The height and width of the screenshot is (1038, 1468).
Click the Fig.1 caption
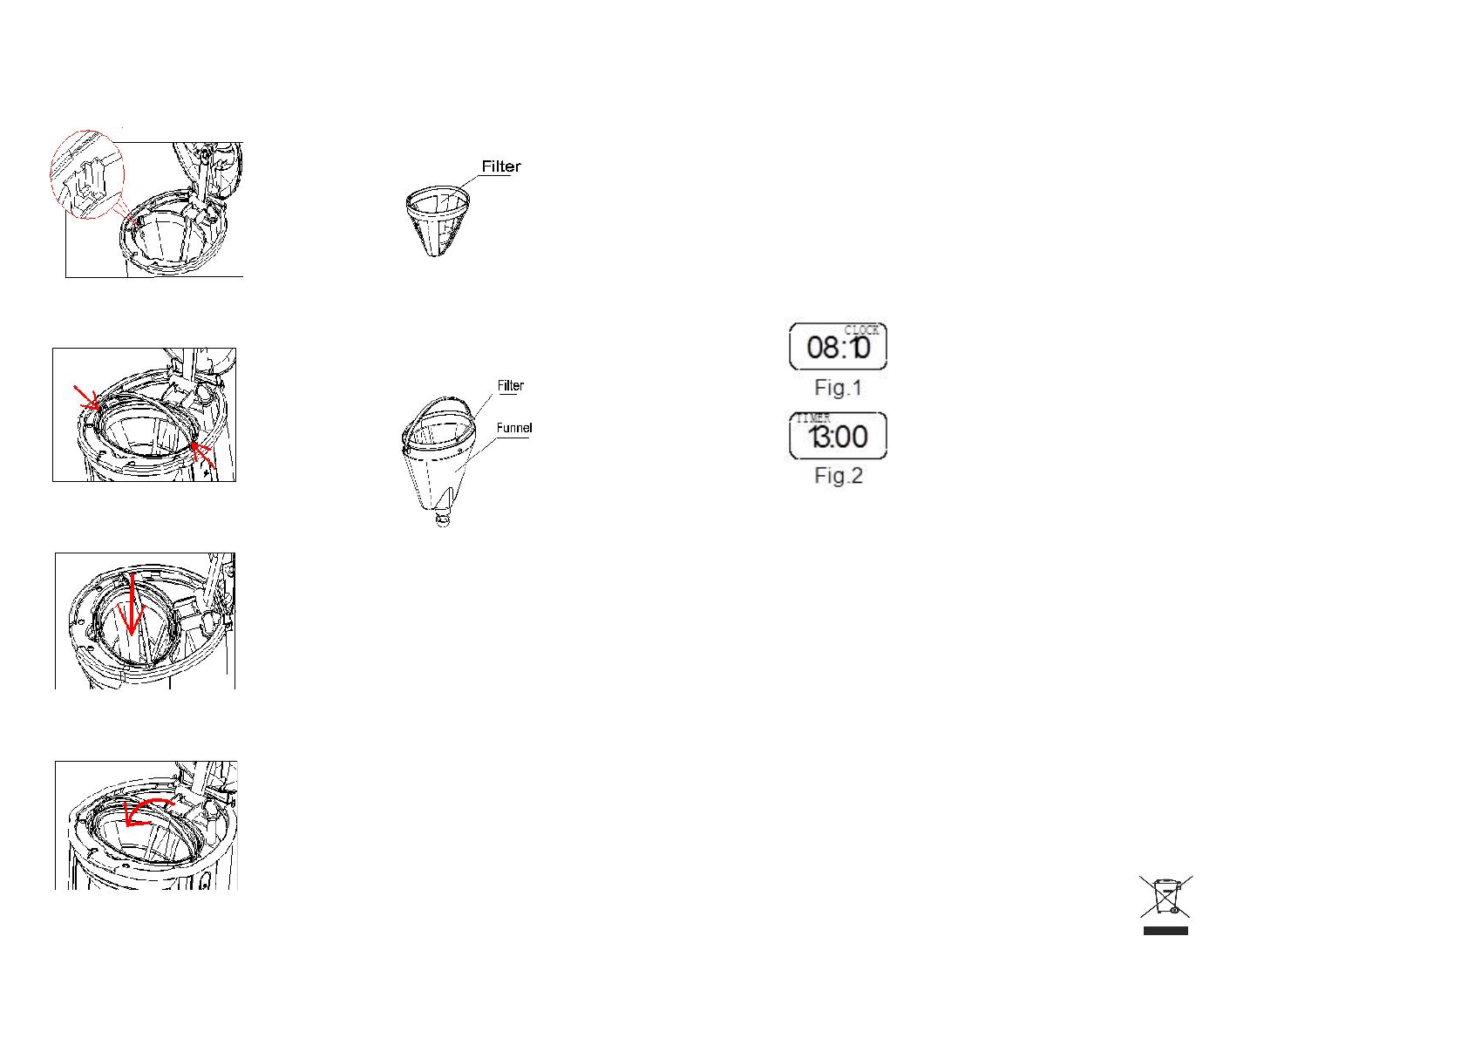tap(838, 388)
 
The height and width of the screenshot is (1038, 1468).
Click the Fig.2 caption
tap(838, 476)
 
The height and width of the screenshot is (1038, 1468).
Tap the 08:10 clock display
tap(838, 348)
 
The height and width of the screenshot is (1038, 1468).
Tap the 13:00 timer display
tap(839, 437)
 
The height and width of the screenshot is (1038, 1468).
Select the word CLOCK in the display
tap(861, 330)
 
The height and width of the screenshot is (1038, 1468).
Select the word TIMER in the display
tap(812, 419)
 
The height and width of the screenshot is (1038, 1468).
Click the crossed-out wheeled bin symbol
tap(1166, 897)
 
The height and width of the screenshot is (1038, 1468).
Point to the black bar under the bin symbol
tap(1166, 931)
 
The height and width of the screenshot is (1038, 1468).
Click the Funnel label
tap(514, 428)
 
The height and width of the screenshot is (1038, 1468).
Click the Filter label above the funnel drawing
tap(511, 385)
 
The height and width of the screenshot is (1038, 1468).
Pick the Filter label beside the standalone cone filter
tap(501, 166)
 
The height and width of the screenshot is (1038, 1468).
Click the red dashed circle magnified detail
tap(87, 174)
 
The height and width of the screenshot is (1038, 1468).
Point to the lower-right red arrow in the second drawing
tap(202, 453)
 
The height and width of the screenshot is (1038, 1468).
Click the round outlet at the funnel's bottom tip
tap(443, 519)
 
